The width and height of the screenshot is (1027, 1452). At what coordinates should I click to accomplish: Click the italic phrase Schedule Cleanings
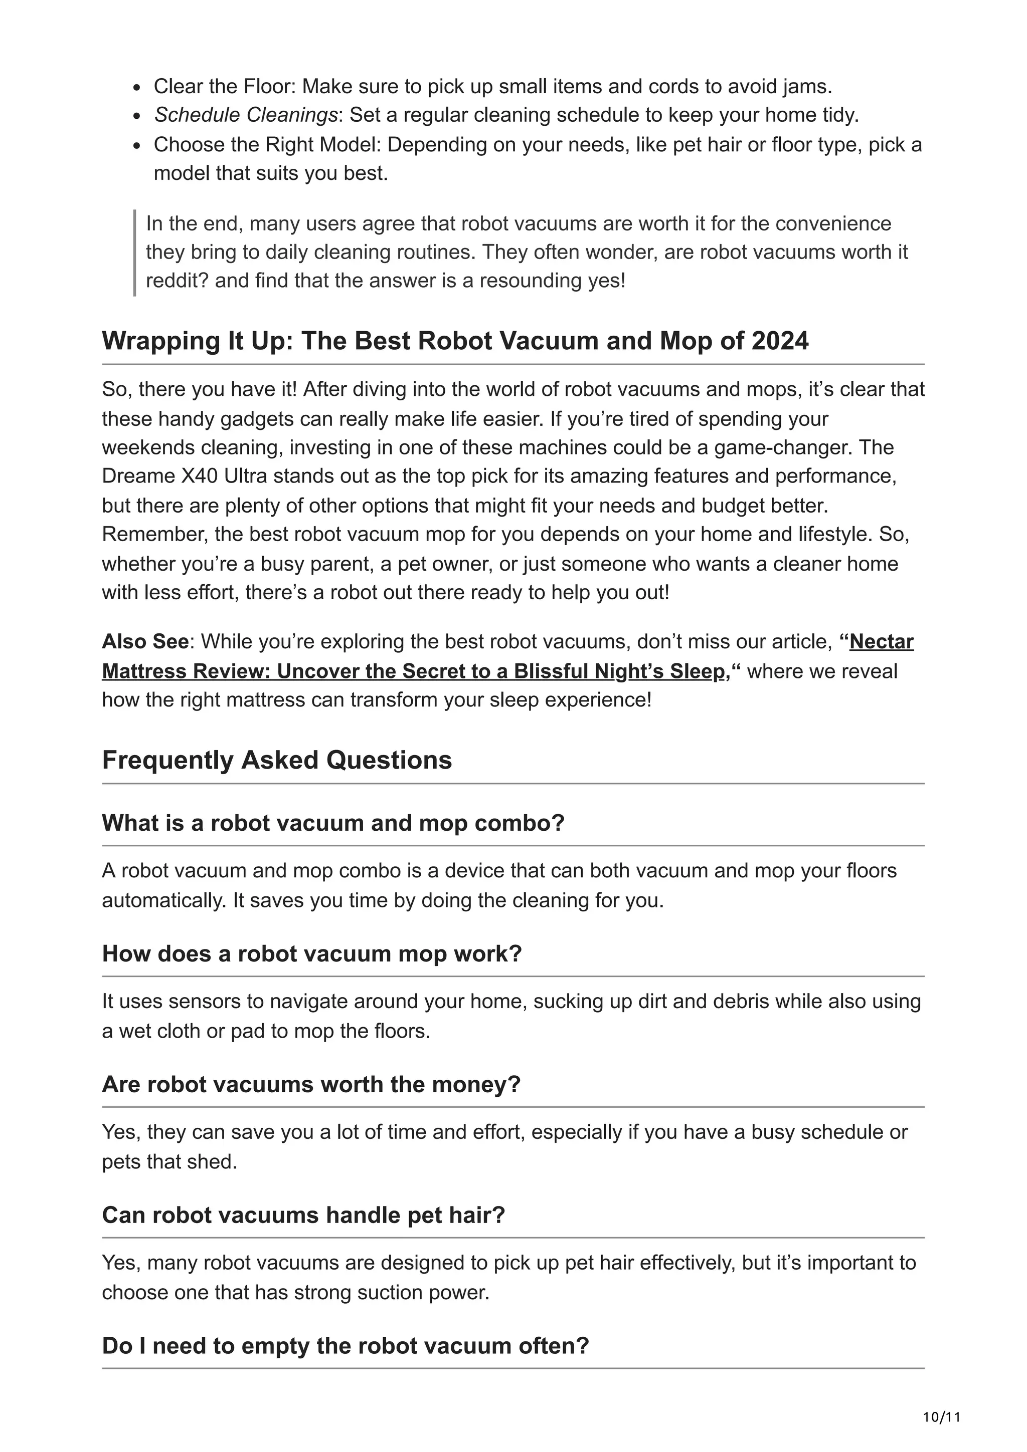point(245,115)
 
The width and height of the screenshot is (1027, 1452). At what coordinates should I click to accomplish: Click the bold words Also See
point(145,641)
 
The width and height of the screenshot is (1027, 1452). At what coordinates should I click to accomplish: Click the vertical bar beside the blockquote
point(135,253)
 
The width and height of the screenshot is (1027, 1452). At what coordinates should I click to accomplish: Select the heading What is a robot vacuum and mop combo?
point(333,823)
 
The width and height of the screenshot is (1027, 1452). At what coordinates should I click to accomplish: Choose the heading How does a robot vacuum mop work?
point(311,953)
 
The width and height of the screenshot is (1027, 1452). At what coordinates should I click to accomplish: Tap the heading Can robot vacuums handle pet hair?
point(303,1215)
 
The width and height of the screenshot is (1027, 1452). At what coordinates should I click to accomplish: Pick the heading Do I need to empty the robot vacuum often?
point(345,1345)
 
